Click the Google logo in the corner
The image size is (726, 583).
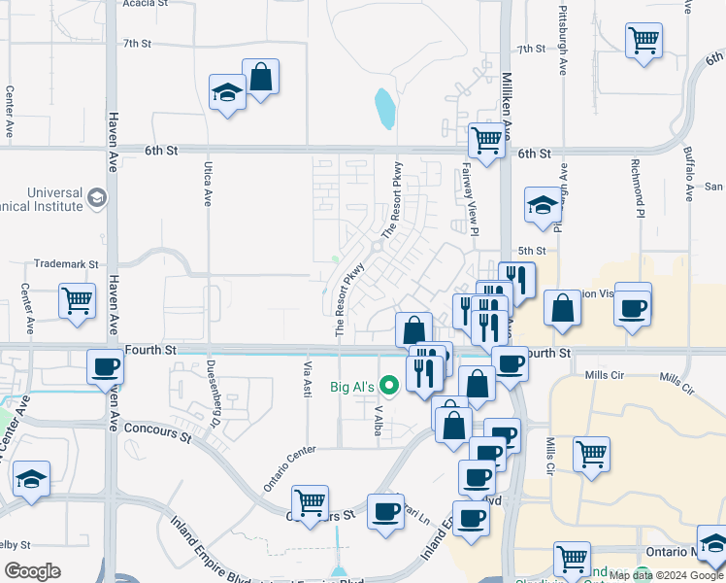[x=32, y=570]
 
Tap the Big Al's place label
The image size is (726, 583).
[x=352, y=387]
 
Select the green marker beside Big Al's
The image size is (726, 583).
[x=391, y=386]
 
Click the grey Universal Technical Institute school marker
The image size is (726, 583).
[x=97, y=199]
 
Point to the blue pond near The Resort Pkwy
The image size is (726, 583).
[x=385, y=109]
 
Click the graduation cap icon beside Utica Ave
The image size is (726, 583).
[x=228, y=93]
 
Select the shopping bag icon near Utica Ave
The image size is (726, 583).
[x=260, y=77]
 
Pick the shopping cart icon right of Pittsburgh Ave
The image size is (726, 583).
[x=643, y=41]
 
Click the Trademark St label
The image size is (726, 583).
[x=67, y=263]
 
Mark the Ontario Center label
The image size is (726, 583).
[x=289, y=468]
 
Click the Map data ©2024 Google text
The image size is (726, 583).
[x=666, y=576]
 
